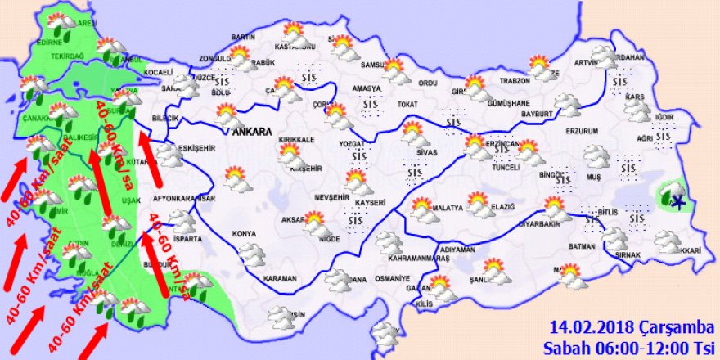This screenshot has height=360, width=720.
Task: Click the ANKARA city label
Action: (252, 131)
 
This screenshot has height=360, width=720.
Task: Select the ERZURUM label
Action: (582, 131)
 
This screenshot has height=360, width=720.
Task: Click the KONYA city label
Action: (245, 234)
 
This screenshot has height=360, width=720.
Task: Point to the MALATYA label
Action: (448, 208)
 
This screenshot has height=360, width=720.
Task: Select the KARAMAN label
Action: (280, 279)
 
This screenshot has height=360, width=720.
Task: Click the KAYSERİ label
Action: (370, 201)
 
